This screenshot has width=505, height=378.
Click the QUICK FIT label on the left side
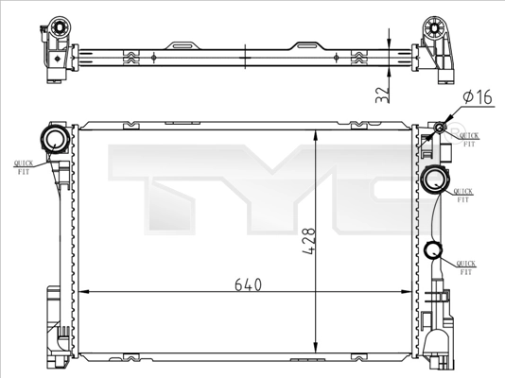(24, 167)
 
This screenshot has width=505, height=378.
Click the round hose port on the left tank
(52, 142)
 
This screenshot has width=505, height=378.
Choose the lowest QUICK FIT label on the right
(464, 266)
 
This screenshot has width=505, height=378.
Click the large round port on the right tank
(437, 179)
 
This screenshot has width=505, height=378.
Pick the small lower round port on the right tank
(433, 250)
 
